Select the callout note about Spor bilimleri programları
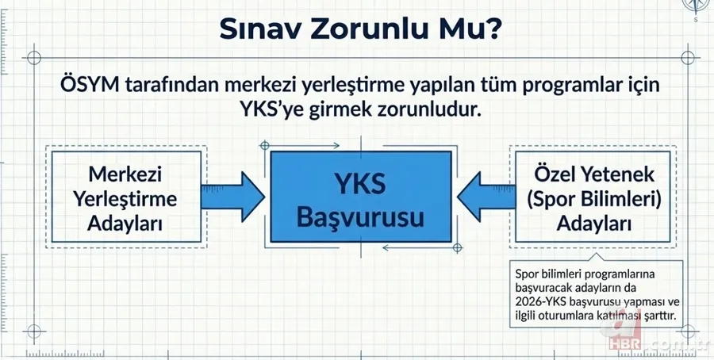click(597, 296)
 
